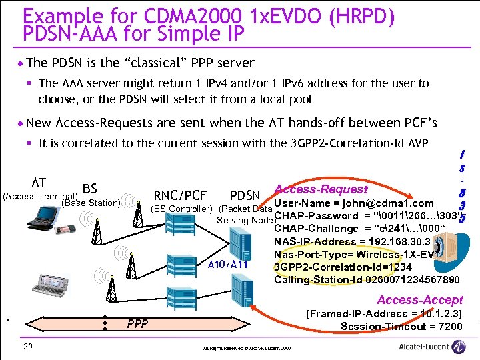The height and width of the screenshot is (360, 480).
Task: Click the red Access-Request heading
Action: [x=321, y=190]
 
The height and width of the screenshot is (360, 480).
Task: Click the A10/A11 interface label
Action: [x=228, y=264]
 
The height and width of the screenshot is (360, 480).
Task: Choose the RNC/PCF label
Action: [x=180, y=195]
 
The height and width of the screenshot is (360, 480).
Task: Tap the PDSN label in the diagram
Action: [x=245, y=196]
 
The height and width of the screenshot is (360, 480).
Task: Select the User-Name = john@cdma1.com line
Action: [x=354, y=203]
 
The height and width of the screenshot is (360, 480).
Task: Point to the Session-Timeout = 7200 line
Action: [x=401, y=326]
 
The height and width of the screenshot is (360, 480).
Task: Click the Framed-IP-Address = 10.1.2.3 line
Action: [x=383, y=313]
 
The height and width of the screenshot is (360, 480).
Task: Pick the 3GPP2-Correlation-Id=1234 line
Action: [x=335, y=267]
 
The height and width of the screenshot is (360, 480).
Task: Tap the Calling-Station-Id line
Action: [x=367, y=279]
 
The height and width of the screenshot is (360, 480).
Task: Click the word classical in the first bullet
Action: [x=139, y=63]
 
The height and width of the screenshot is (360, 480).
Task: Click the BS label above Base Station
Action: [x=90, y=190]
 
